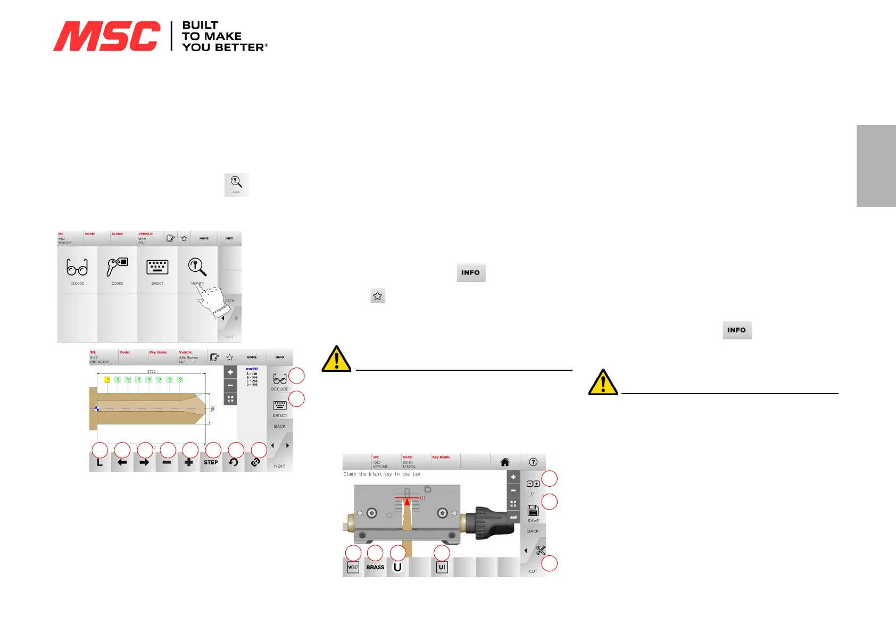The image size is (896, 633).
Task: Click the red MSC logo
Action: pos(106,36)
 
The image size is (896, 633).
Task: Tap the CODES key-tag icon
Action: pos(117,268)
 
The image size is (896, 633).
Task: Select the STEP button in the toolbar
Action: pos(211,462)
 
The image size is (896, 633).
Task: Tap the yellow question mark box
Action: pos(107,380)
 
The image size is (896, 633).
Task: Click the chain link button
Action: pos(255,462)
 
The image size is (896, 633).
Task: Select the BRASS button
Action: pos(375,567)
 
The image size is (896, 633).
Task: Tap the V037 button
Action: pos(353,568)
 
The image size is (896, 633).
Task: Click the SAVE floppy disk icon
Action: pos(533,511)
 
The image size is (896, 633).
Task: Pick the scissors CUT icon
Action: pos(541,551)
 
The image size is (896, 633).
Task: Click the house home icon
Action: pos(505,462)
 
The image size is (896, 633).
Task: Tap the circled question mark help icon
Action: pos(533,462)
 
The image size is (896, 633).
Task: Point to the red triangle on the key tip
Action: pos(407,501)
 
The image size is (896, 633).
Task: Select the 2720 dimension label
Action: pos(151,371)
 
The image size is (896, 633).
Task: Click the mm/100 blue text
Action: pos(252,369)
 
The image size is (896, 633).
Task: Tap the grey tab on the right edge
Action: pos(876,165)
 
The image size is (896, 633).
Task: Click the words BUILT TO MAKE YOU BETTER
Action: pos(223,36)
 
